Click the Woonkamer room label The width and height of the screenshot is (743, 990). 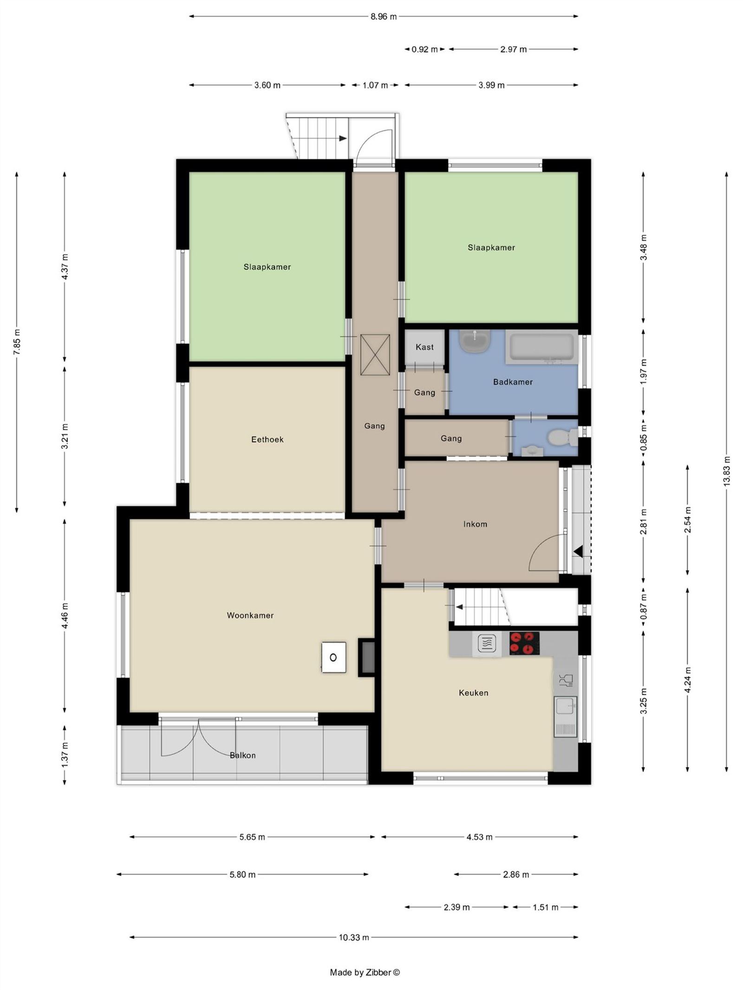click(250, 615)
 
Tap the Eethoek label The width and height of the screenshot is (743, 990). click(267, 439)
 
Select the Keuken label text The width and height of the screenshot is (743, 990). click(473, 693)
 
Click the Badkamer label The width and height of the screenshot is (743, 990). click(513, 382)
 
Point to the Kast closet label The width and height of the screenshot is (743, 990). click(424, 347)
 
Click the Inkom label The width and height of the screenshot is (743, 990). click(475, 524)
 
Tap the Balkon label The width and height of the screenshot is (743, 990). click(242, 755)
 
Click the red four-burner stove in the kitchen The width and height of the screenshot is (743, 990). click(524, 643)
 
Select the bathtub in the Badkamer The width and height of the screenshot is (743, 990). click(541, 347)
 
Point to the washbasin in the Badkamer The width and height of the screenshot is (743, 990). click(475, 341)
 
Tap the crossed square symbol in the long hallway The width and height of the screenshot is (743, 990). click(375, 355)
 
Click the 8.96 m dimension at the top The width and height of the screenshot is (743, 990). click(384, 17)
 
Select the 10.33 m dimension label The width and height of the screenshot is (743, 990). click(353, 937)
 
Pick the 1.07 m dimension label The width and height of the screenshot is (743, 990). click(375, 85)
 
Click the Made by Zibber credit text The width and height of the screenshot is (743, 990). click(365, 972)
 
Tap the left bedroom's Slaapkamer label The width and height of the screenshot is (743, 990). click(267, 267)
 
